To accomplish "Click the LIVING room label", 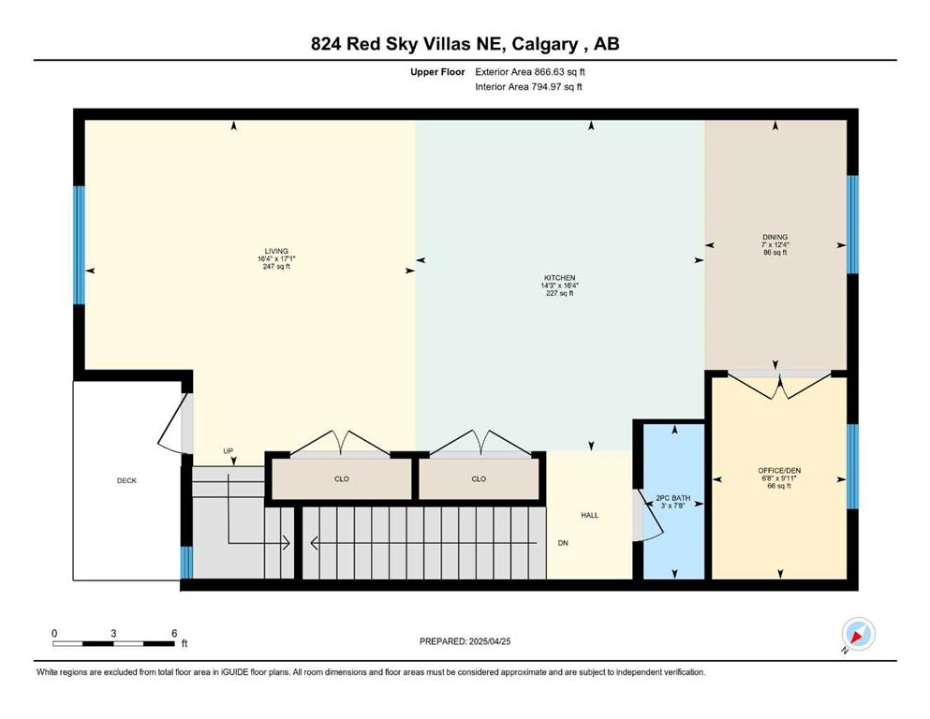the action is pos(276,251).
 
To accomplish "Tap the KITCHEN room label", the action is pos(560,278).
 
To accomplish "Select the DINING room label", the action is pos(775,237).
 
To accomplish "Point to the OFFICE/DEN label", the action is pos(779,471).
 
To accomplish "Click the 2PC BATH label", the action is pos(673,498).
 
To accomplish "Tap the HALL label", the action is pos(589,516).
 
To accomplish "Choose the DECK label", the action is pos(127,480).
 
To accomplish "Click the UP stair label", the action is pos(229,451).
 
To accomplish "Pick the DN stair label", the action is pos(563,543).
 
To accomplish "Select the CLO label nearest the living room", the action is pos(342,479).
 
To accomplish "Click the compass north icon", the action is pos(858,634).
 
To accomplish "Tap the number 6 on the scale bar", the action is pos(174,633).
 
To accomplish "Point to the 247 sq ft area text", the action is pos(276,267).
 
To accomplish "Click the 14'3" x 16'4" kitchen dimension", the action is pos(560,286).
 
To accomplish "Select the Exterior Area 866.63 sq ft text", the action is pos(530,72).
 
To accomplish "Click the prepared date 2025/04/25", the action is pos(490,641).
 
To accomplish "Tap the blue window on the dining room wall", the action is pos(853,225).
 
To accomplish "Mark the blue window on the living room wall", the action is pos(79,245).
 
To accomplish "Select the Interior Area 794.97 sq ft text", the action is pos(528,86).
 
